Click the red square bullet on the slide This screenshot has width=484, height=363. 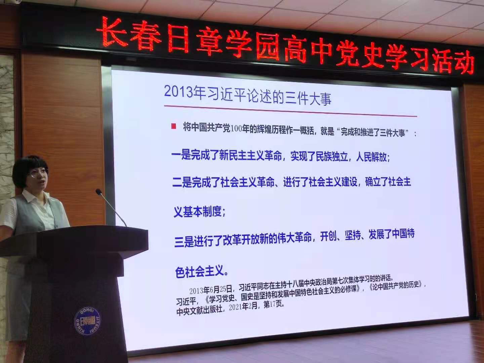(x=173, y=126)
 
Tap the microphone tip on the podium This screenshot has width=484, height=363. (x=98, y=192)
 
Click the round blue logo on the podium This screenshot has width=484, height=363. (x=87, y=321)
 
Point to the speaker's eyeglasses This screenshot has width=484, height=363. (x=38, y=173)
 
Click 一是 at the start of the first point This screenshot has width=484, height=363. (x=181, y=155)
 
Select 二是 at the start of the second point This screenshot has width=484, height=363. (x=182, y=183)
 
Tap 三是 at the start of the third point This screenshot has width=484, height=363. (x=184, y=242)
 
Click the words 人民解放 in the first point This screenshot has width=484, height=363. (x=371, y=157)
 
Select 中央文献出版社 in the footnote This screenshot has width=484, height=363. (x=199, y=310)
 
